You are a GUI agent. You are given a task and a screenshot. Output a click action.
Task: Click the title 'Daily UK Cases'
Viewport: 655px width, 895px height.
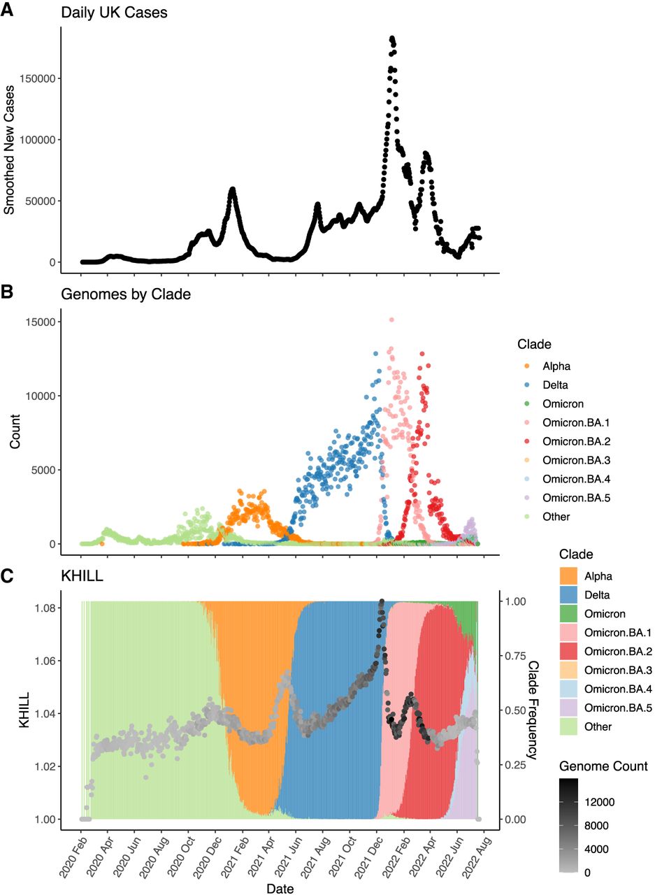(114, 13)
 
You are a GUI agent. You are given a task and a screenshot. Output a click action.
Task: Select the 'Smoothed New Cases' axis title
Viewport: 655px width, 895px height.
(10, 151)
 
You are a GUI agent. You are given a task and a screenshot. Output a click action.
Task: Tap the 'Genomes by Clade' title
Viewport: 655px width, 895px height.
(126, 295)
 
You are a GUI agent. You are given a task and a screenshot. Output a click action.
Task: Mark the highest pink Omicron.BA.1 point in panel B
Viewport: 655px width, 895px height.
(391, 320)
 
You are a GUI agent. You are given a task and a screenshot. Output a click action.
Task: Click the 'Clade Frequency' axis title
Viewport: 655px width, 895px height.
(534, 710)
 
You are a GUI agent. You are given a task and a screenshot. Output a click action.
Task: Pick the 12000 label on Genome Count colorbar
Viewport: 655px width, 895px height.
(599, 801)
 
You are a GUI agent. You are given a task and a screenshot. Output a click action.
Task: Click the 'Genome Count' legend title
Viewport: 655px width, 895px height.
(603, 766)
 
